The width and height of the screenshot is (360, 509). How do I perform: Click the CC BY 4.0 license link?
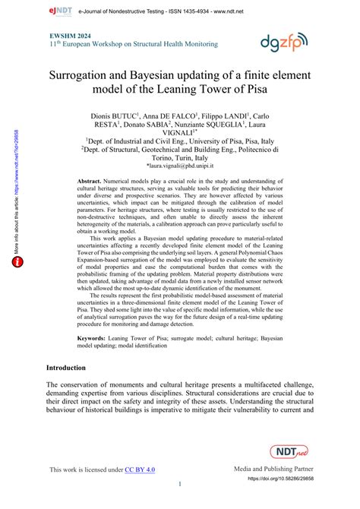140,470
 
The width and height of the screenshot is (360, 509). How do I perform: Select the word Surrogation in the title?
89,76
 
